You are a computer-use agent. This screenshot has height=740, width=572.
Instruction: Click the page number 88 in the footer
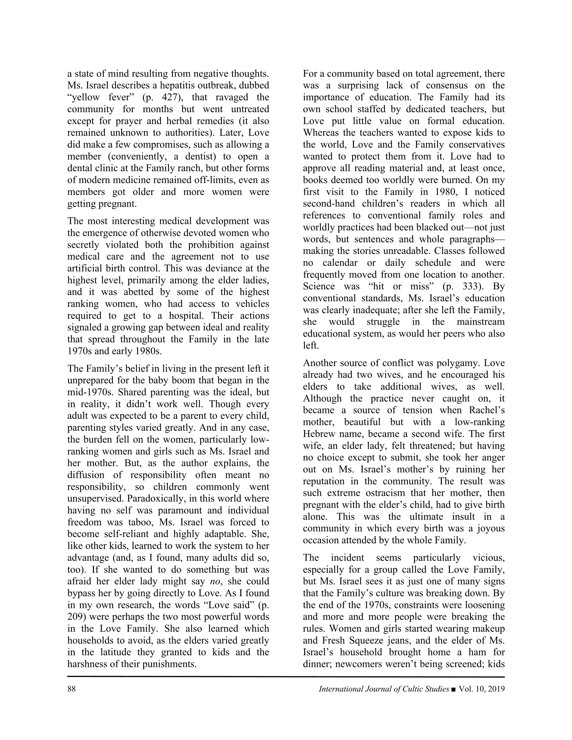pos(71,689)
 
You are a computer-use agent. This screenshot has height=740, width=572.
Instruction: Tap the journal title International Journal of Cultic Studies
pos(384,689)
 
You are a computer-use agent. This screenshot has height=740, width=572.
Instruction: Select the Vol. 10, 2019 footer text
pos(482,689)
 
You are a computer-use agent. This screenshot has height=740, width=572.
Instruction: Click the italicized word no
pos(215,581)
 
